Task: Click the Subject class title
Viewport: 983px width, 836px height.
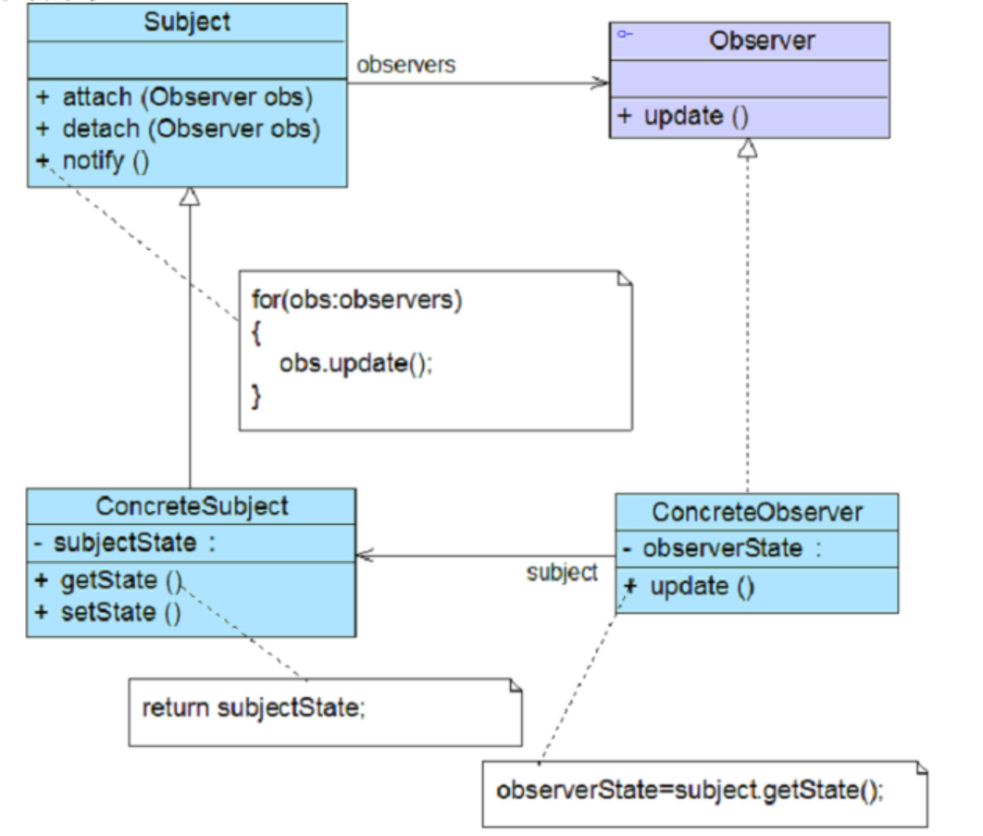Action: point(187,20)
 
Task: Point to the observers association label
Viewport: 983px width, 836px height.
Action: point(406,67)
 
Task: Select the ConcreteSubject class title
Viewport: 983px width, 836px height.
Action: point(192,505)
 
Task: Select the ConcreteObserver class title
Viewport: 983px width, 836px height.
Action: point(757,511)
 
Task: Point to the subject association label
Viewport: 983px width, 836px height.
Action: point(562,572)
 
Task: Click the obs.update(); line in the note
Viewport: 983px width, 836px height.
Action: point(355,363)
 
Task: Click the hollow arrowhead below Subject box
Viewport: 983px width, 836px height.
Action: point(190,196)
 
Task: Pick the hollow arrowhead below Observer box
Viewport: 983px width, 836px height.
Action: point(746,148)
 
